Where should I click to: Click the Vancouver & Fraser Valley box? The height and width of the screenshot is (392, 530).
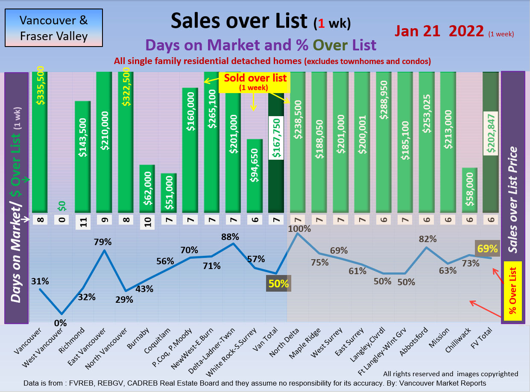coord(54,28)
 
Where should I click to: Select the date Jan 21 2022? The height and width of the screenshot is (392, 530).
coord(439,31)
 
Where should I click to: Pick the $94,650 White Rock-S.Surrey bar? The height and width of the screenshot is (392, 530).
coord(255,176)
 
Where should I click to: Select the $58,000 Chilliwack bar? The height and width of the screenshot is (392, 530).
coord(469,190)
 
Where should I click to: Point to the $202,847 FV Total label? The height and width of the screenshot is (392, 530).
coord(491,134)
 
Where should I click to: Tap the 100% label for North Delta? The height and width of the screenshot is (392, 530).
coord(299,228)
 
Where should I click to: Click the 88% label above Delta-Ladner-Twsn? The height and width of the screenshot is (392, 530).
coord(230,237)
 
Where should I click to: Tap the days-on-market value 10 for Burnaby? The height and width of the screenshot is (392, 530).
coord(147,222)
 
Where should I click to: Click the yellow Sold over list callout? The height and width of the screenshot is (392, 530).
coord(254,82)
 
